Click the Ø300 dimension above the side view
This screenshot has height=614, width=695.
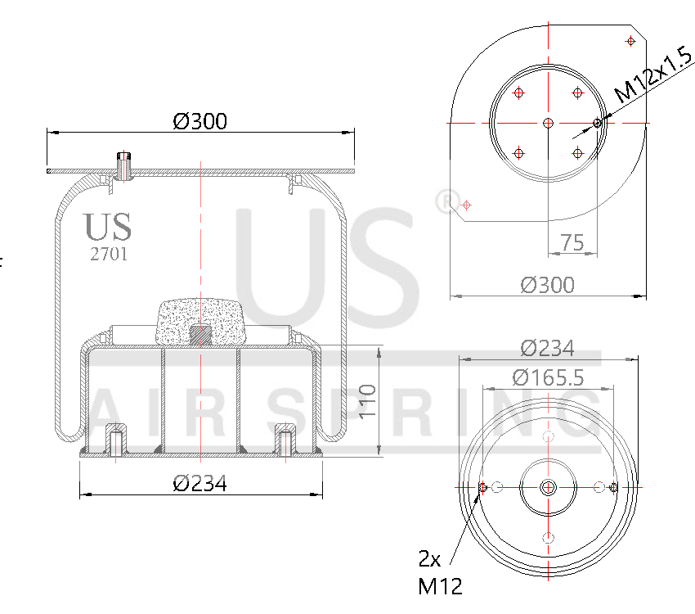[x=200, y=122]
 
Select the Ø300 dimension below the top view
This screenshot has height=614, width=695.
[x=547, y=285]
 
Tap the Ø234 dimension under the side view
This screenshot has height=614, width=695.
[x=200, y=484]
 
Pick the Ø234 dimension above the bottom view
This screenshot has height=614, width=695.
[x=547, y=348]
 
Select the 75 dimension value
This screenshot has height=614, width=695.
[x=572, y=242]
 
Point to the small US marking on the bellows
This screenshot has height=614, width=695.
[x=107, y=227]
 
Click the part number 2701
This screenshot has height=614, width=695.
[x=108, y=254]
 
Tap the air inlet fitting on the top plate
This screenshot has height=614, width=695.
[x=123, y=164]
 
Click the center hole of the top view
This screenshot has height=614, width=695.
[x=548, y=123]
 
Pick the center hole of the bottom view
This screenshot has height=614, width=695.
[x=548, y=487]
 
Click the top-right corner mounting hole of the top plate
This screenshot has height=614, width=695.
[x=630, y=41]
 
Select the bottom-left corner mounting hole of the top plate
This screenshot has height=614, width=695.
[x=466, y=205]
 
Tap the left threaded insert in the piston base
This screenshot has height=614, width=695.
[x=116, y=440]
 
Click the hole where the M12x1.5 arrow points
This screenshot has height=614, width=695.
[x=598, y=123]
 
